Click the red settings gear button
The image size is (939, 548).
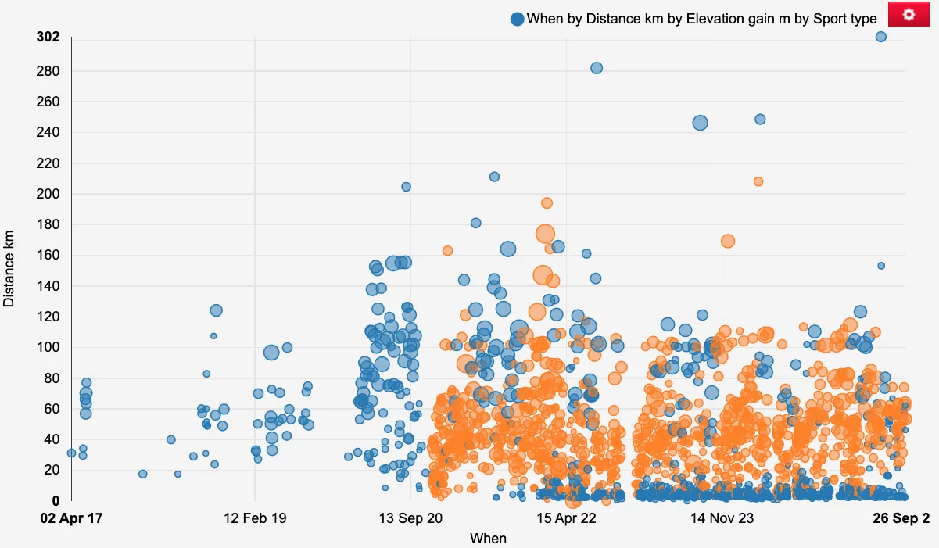(909, 14)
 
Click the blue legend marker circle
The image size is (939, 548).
(517, 19)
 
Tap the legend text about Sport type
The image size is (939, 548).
(701, 19)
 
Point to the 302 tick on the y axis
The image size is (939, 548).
(48, 37)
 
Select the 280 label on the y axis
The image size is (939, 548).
(49, 71)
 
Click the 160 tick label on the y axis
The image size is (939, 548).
(49, 256)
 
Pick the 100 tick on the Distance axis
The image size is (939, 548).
(49, 347)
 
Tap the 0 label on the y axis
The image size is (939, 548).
(56, 501)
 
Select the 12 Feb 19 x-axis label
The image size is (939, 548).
(255, 518)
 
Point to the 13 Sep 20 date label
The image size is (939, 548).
(410, 518)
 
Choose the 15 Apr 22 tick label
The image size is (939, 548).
(566, 518)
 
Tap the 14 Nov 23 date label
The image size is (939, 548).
(722, 518)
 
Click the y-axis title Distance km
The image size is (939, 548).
(9, 267)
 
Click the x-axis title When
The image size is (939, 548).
(488, 538)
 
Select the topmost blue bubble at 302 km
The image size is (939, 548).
(880, 37)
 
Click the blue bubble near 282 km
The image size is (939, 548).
(597, 68)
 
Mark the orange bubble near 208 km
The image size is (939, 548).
(758, 181)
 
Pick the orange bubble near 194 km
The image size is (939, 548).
(547, 203)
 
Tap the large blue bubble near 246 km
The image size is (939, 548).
(700, 123)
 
